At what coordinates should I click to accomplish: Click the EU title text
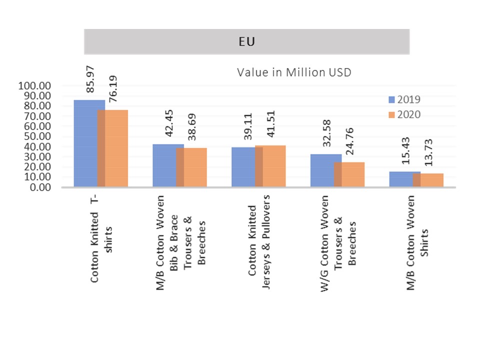(x=246, y=42)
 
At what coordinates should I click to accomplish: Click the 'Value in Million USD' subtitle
(x=294, y=72)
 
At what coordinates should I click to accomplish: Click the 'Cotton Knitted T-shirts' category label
(x=99, y=241)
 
